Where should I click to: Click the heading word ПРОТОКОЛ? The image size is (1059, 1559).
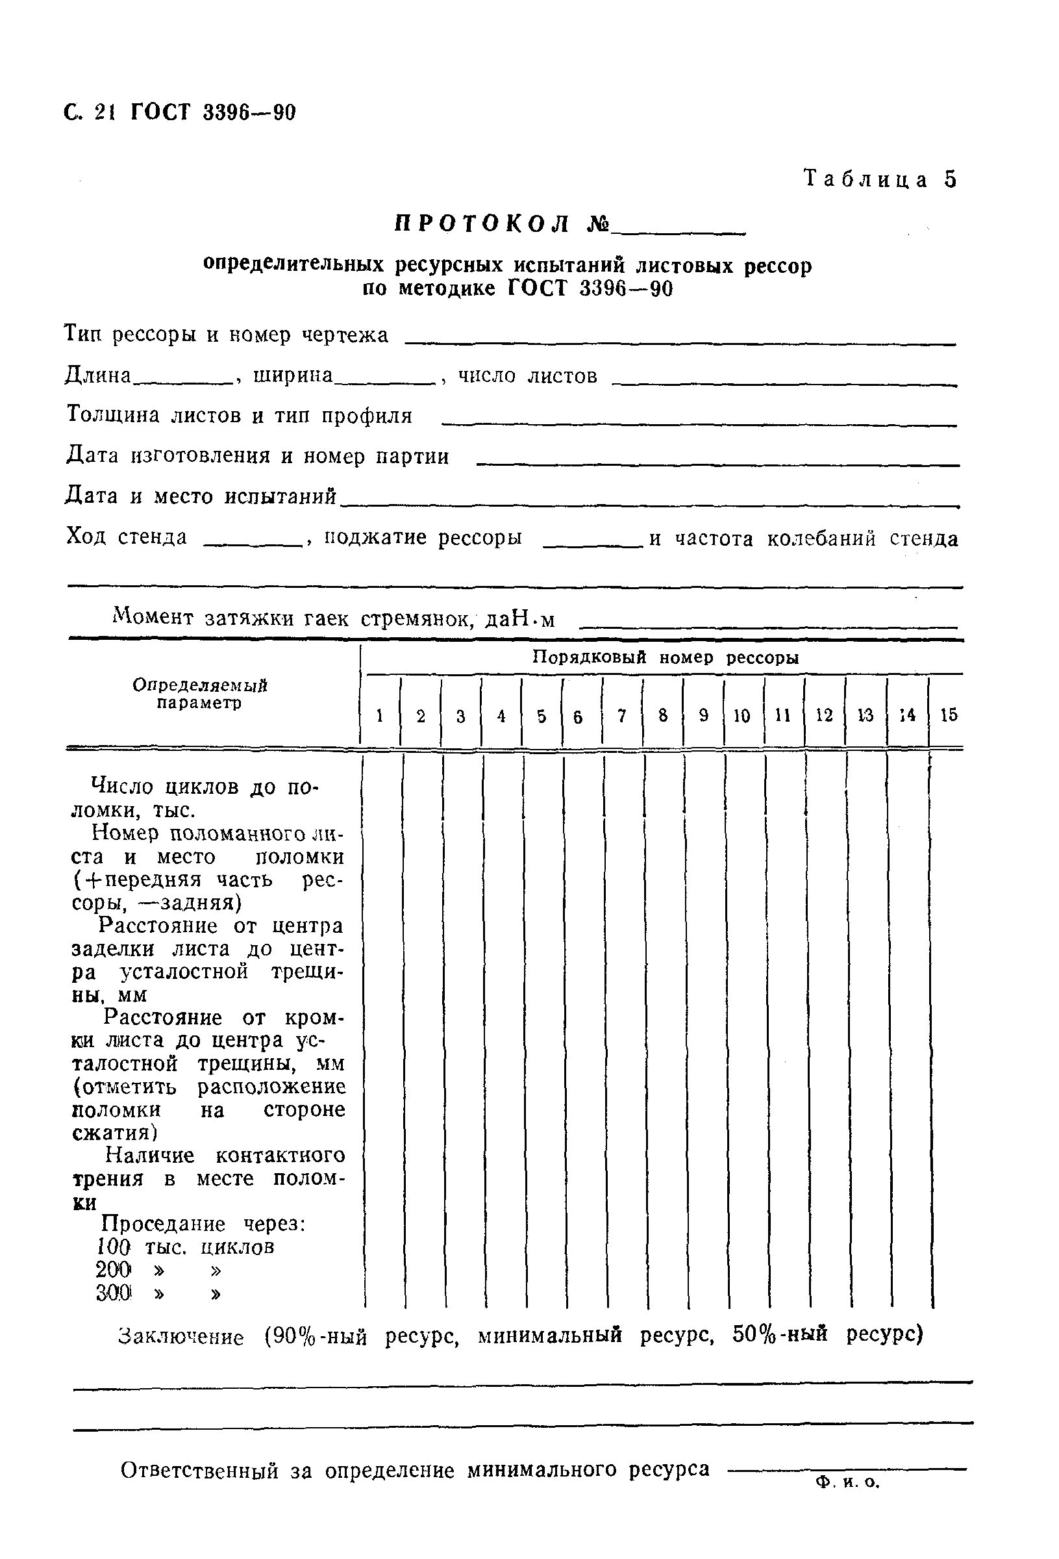pos(482,224)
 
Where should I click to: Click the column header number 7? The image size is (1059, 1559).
pos(622,716)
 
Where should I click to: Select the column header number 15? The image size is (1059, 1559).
pos(949,715)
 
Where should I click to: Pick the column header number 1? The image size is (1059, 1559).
pos(380,716)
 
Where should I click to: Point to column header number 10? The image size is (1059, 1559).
pos(741,716)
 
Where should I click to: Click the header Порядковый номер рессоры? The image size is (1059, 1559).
pos(666,657)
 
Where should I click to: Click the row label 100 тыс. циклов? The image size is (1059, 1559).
pos(185,1247)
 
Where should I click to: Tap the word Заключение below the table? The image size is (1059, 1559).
pos(181,1337)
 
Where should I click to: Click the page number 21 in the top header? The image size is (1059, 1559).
pos(105,112)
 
